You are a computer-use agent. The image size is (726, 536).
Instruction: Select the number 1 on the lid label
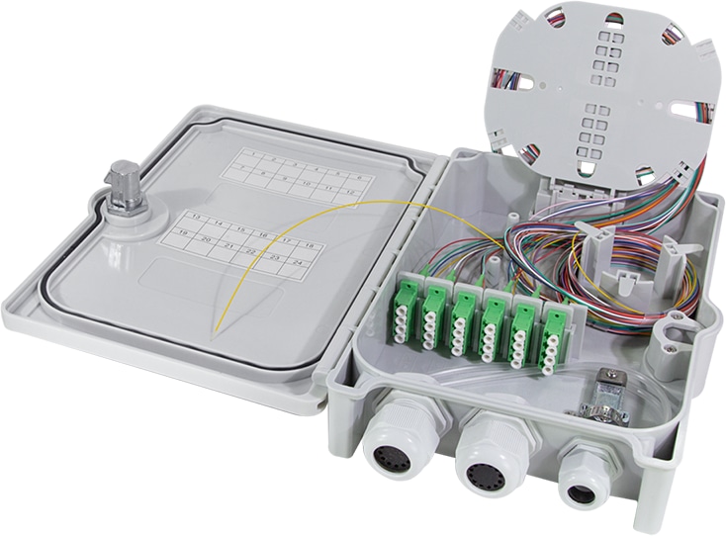(x=252, y=154)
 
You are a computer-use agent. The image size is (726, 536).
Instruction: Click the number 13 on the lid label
(x=196, y=216)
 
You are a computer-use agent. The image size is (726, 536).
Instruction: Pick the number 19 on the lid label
(x=182, y=232)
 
